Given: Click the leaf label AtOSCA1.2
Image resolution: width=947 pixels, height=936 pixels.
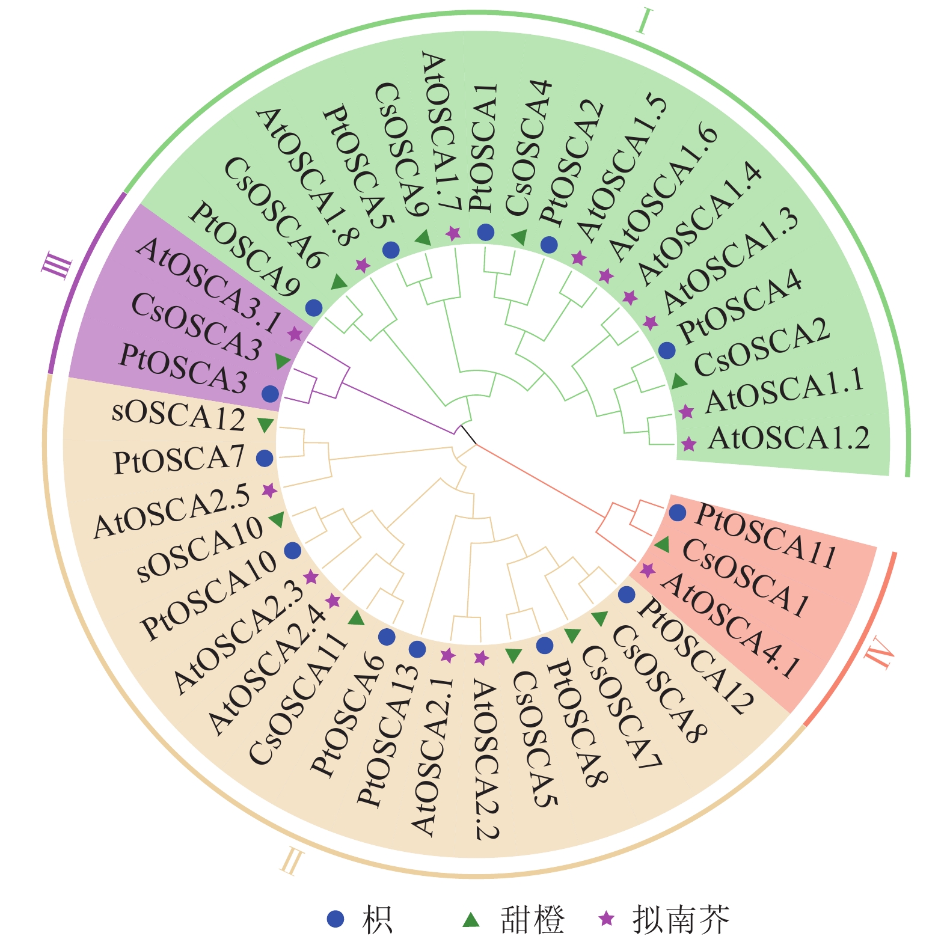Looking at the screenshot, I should [x=789, y=438].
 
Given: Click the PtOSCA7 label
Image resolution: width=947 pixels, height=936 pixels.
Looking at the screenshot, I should [x=179, y=460].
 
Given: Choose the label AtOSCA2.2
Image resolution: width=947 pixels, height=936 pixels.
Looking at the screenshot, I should [x=486, y=760].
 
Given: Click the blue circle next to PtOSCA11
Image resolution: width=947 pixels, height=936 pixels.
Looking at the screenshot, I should [x=678, y=513].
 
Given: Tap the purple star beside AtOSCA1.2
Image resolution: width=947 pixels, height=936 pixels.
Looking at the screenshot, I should [x=689, y=444].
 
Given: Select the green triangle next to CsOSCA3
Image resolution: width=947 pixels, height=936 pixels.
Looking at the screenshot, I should [x=283, y=361].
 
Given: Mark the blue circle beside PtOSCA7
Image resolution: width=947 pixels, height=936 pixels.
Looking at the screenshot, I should [x=265, y=459].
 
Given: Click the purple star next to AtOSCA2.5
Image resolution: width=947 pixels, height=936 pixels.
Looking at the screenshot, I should [x=270, y=491].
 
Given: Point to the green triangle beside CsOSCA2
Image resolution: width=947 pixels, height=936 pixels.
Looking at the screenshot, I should [x=679, y=381].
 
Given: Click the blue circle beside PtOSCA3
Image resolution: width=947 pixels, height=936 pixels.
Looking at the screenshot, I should [x=271, y=394].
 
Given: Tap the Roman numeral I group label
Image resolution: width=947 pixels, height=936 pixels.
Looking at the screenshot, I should [x=644, y=22].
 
